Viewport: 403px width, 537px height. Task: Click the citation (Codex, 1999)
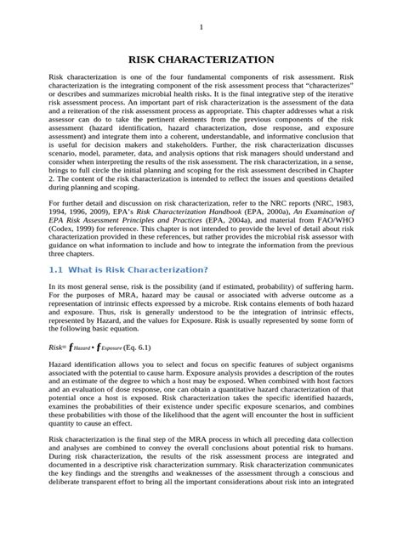[71, 229]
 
